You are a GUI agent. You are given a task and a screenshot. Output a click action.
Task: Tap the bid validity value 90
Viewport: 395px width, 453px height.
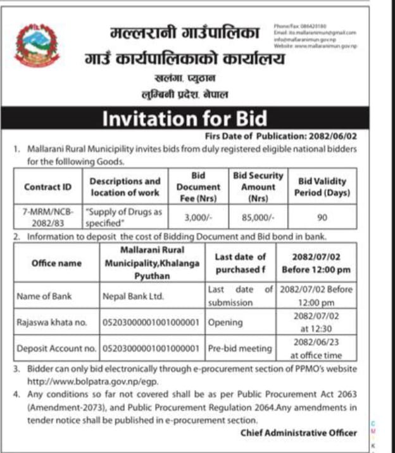point(321,216)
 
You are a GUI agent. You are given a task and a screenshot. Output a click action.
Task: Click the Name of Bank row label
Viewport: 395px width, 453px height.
point(47,295)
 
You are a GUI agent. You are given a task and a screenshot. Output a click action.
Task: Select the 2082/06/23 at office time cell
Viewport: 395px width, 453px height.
point(316,348)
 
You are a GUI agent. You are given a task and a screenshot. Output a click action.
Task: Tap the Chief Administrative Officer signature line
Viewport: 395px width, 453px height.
point(298,433)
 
